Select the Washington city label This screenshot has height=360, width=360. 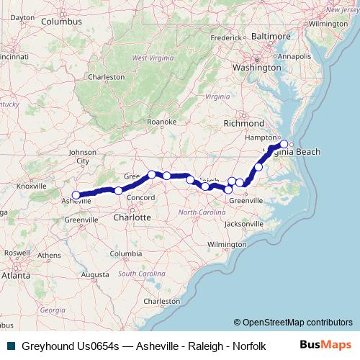[x=256, y=67]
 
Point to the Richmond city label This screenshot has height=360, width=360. [x=243, y=123]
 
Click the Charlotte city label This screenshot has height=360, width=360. [x=132, y=217]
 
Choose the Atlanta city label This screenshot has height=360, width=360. [x=16, y=275]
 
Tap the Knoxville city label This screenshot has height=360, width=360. [x=31, y=186]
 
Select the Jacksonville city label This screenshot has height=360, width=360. [x=245, y=224]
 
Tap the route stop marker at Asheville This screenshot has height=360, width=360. [x=76, y=194]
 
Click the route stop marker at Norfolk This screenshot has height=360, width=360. [x=284, y=143]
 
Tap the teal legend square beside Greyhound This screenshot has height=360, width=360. [x=11, y=346]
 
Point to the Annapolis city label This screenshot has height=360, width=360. [x=295, y=55]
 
